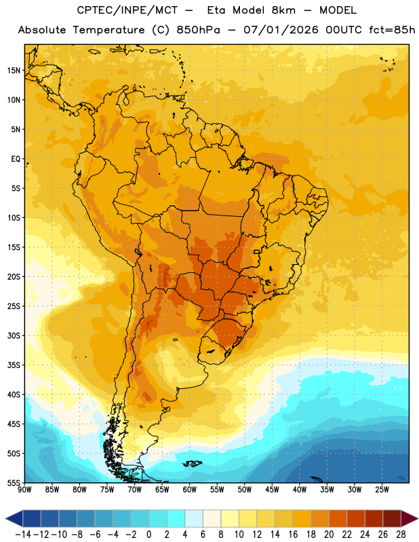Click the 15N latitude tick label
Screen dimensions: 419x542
(x=14, y=70)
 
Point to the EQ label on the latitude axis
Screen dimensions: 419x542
(x=16, y=159)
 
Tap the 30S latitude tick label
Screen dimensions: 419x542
(x=14, y=335)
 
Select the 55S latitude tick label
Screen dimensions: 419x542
(x=14, y=483)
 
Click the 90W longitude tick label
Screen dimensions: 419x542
(x=24, y=490)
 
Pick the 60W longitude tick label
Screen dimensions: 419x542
(x=190, y=490)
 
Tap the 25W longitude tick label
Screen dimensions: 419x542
(x=382, y=490)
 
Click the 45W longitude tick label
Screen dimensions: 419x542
(x=272, y=490)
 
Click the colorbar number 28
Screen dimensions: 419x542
(x=401, y=535)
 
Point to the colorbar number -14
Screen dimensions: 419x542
(x=23, y=535)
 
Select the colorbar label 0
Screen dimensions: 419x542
(x=148, y=535)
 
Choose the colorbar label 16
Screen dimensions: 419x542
(x=293, y=535)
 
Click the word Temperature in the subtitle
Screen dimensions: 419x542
(x=108, y=30)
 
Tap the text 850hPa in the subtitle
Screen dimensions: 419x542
(x=198, y=30)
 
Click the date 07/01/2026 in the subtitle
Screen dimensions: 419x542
(x=281, y=30)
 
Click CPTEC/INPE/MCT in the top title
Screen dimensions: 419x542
(x=127, y=10)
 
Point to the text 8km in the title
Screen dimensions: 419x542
(x=283, y=10)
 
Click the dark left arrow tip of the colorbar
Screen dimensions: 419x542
(x=6, y=519)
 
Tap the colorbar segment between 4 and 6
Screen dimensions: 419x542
(x=194, y=519)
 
